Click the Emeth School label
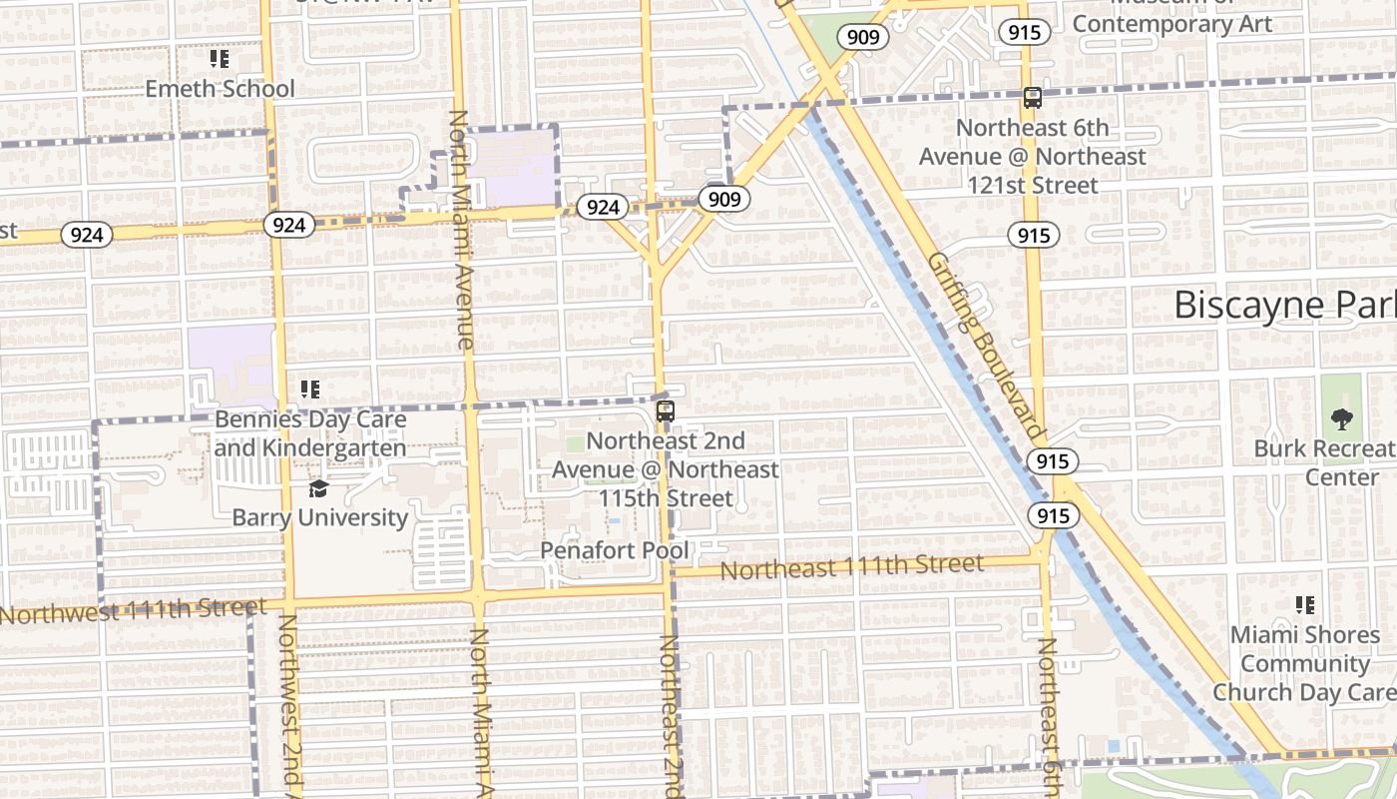[220, 88]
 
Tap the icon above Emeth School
[220, 60]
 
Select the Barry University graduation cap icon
[318, 488]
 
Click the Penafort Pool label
[614, 550]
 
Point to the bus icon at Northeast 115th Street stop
[665, 411]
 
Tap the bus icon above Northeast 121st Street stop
[1033, 98]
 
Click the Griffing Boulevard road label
[985, 347]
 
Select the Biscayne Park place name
[1284, 305]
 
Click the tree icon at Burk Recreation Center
[1342, 419]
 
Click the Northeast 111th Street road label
[851, 567]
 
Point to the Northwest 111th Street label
[132, 610]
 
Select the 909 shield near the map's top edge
[862, 38]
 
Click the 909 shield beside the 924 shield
[723, 199]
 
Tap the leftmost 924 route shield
[87, 235]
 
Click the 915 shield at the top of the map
[1024, 32]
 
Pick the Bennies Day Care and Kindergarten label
[310, 432]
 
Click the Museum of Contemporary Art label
[1172, 22]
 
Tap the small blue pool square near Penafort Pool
[614, 521]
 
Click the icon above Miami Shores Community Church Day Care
[1304, 605]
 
